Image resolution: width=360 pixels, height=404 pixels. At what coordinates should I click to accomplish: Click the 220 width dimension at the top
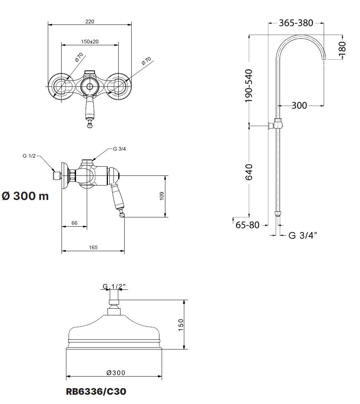(90, 22)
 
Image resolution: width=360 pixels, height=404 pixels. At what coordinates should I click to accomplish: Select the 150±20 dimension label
(90, 42)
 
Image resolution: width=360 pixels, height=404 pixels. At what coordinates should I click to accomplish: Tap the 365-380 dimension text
(296, 23)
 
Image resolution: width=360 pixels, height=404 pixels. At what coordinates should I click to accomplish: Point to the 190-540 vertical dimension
(249, 86)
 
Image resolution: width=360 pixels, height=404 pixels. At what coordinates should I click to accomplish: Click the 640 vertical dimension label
(249, 172)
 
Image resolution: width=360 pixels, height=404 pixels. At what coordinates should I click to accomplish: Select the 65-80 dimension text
(247, 225)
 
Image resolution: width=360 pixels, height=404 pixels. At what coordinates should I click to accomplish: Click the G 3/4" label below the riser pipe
(303, 235)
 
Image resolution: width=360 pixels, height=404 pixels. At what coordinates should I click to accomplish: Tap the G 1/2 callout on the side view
(29, 156)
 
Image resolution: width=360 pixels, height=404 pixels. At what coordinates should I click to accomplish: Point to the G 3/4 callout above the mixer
(119, 149)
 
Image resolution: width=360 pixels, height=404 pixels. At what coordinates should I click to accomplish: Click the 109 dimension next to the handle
(162, 196)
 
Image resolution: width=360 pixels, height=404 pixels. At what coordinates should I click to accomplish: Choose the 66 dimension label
(74, 223)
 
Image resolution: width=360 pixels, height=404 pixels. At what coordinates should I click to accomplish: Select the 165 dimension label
(93, 247)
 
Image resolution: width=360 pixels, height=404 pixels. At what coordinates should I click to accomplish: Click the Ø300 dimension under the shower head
(116, 372)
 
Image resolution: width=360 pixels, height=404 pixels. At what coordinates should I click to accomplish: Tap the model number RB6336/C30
(96, 392)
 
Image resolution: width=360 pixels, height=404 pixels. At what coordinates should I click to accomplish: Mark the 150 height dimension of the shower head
(181, 325)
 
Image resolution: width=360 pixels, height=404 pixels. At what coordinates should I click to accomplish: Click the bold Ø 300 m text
(25, 196)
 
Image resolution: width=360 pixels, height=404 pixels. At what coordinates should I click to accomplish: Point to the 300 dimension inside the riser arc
(299, 105)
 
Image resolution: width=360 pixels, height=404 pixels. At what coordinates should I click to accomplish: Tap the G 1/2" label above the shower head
(114, 286)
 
